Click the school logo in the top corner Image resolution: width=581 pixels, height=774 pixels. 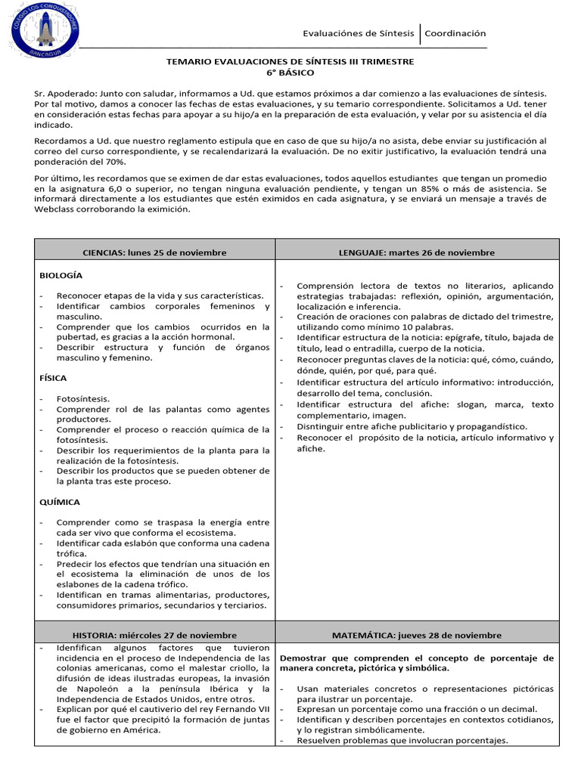tap(45, 29)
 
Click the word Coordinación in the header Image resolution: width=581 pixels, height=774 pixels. tap(455, 33)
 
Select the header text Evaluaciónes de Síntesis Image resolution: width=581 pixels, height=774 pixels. tap(358, 33)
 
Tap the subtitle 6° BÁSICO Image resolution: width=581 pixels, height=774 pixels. tap(290, 73)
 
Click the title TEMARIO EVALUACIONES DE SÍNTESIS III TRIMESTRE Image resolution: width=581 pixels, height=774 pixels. tap(290, 61)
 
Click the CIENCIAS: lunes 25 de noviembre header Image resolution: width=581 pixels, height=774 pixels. tap(154, 252)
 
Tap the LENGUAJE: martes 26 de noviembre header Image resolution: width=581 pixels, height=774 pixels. tap(417, 252)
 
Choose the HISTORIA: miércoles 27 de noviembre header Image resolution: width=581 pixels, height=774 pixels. tap(154, 636)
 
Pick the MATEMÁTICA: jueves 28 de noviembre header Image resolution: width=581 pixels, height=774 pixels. tap(417, 636)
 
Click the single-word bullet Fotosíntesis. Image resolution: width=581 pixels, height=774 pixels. tap(82, 398)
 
